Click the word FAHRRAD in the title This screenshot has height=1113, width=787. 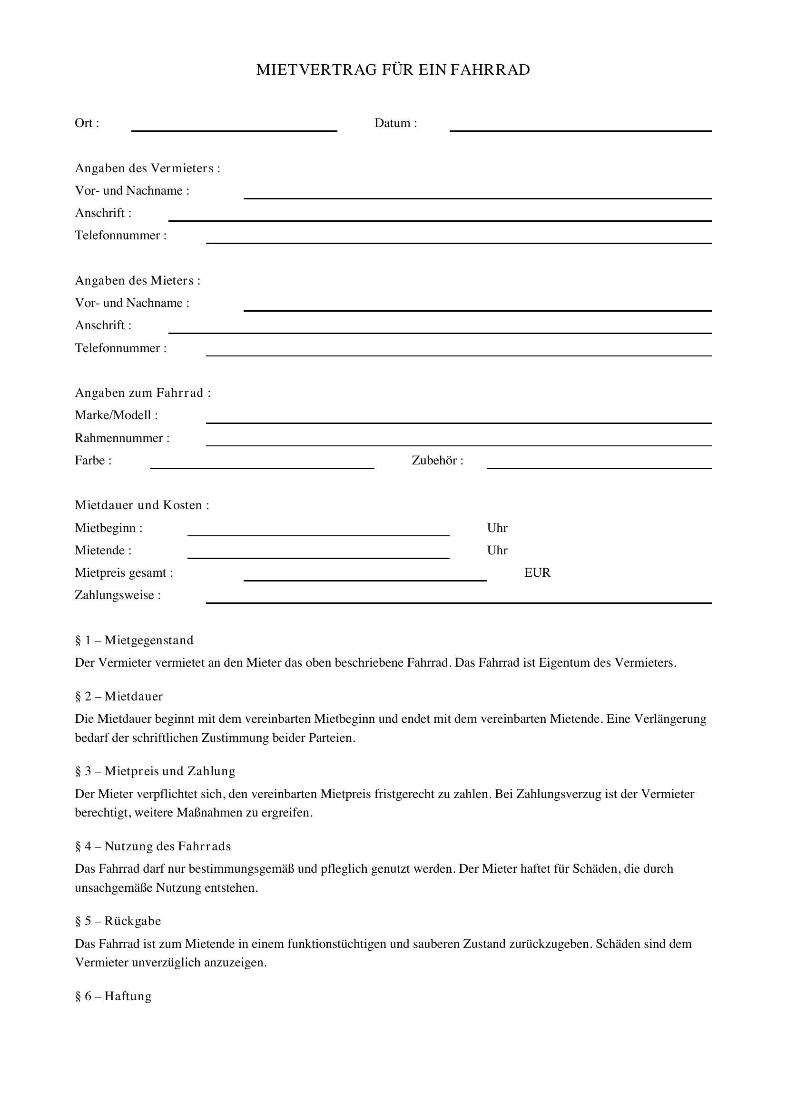tap(490, 70)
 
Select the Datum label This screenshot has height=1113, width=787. tap(395, 123)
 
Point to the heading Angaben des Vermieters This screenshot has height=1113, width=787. tap(148, 168)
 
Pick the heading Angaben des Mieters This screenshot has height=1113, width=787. tap(138, 281)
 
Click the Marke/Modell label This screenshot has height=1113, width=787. tap(116, 415)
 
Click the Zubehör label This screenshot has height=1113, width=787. tap(438, 461)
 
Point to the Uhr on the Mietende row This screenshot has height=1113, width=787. tap(497, 551)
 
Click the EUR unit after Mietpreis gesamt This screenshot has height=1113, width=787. tap(537, 573)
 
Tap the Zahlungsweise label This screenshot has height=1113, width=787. tap(118, 595)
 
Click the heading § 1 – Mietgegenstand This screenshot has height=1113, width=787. tap(134, 640)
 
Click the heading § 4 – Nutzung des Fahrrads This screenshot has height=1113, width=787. tap(153, 847)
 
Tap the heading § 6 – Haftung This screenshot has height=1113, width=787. tap(113, 996)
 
